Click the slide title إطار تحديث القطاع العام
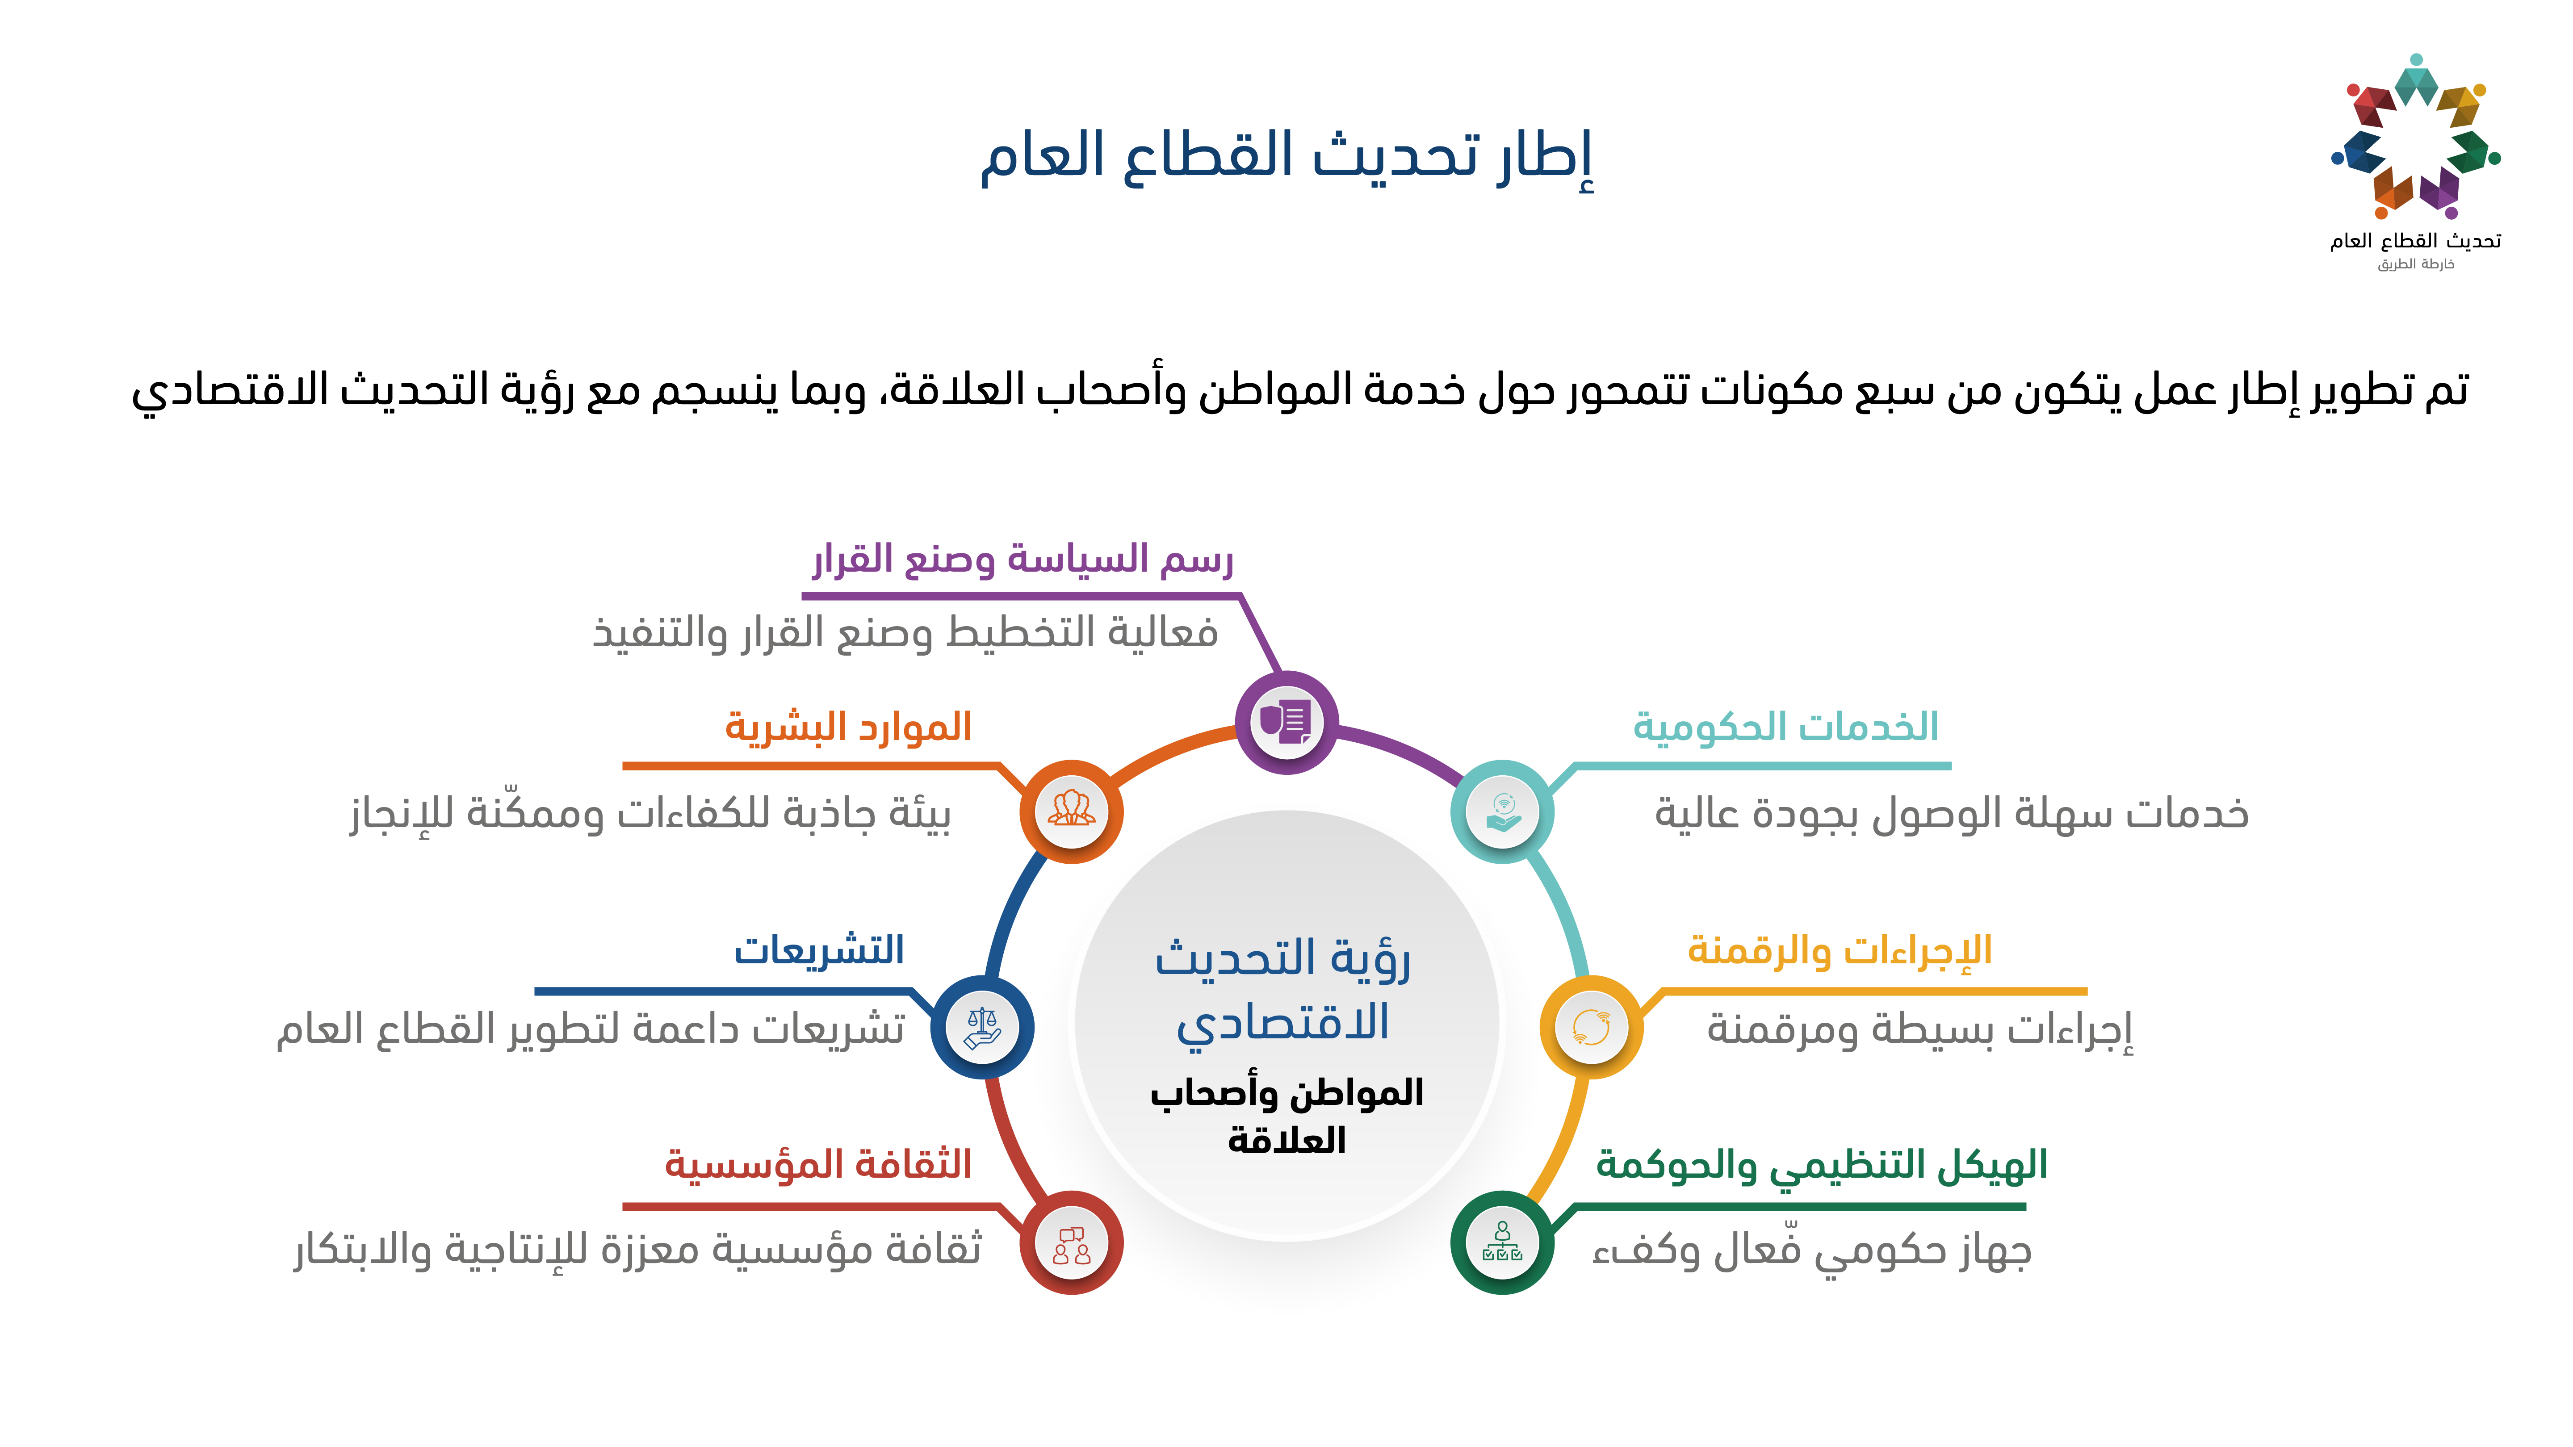click(x=1286, y=158)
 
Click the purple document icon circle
click(x=1286, y=722)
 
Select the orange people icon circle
click(x=1071, y=811)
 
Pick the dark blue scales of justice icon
click(x=982, y=1027)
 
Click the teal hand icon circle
click(x=1502, y=811)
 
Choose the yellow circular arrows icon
click(x=1591, y=1027)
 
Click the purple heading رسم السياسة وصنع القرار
click(x=1023, y=559)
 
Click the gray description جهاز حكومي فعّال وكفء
click(x=1812, y=1250)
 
